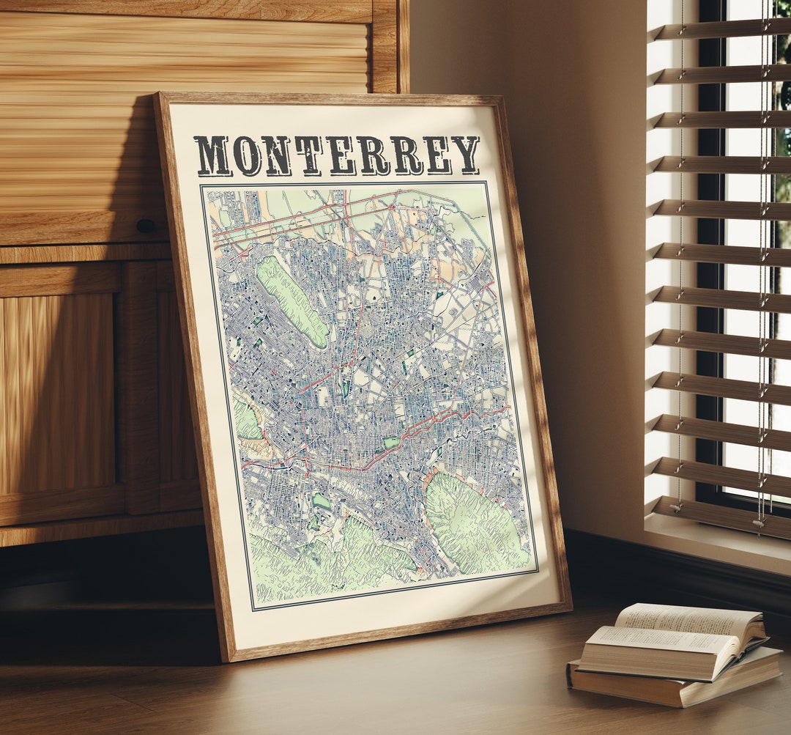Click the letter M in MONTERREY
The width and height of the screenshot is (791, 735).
click(x=212, y=156)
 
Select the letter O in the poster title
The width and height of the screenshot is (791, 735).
click(x=248, y=156)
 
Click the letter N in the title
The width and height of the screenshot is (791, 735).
click(x=278, y=156)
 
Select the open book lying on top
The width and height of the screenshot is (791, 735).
click(x=674, y=638)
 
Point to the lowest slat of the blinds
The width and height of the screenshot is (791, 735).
click(x=721, y=513)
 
